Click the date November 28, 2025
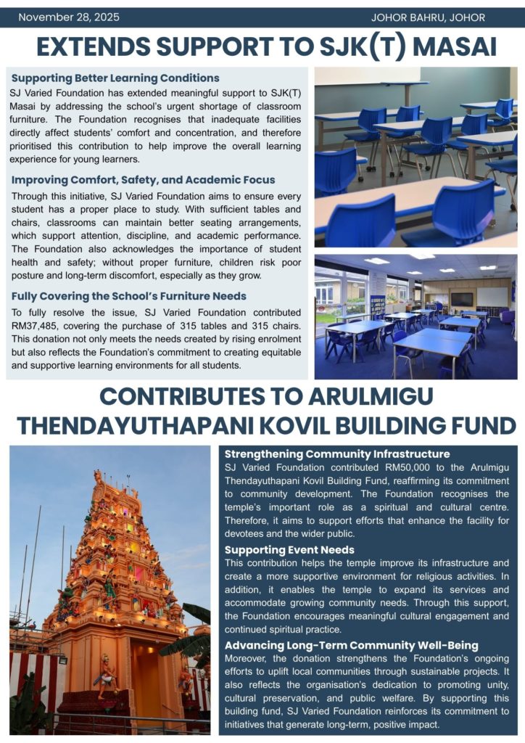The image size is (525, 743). pyautogui.click(x=69, y=17)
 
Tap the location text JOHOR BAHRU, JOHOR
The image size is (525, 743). pyautogui.click(x=433, y=17)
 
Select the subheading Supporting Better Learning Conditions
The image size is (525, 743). pyautogui.click(x=115, y=78)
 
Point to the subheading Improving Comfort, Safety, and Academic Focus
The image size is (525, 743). pyautogui.click(x=144, y=180)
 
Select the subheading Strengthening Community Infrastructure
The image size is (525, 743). pyautogui.click(x=337, y=454)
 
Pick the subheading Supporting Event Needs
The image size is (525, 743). pyautogui.click(x=289, y=550)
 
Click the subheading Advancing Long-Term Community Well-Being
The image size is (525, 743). pyautogui.click(x=351, y=645)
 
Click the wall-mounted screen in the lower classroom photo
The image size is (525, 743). pyautogui.click(x=461, y=299)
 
